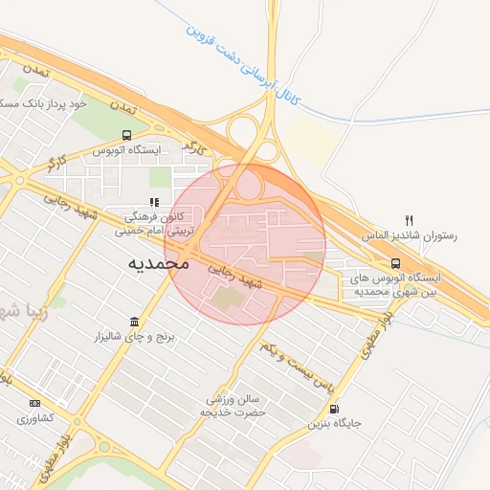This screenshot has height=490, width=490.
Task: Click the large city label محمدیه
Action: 159,262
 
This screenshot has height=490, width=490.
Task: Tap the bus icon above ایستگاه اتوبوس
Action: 127,135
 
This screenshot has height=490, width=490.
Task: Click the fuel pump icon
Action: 333,408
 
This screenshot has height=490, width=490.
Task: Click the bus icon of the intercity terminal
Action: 395,263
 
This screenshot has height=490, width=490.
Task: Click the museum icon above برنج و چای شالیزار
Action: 134,323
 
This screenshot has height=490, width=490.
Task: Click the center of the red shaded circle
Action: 245,244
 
